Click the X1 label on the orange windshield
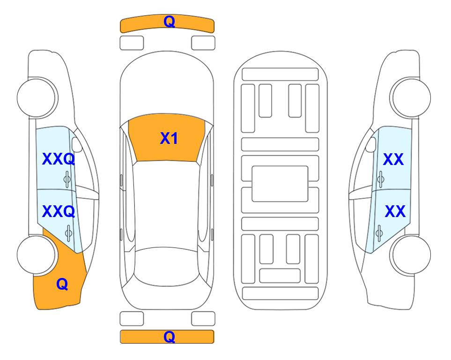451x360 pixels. [169, 138]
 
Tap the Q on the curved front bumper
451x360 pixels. [169, 22]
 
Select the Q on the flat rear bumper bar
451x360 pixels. [169, 337]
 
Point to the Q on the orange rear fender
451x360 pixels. [62, 284]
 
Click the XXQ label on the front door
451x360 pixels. [59, 159]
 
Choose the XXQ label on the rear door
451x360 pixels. [59, 211]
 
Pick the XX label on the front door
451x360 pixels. [393, 159]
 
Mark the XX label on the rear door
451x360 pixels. [395, 211]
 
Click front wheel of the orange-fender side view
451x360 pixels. [36, 98]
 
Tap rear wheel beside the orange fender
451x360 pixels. [36, 255]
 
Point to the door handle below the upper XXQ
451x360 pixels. [67, 179]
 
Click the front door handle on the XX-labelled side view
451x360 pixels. [380, 179]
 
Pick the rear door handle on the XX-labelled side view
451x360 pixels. [379, 232]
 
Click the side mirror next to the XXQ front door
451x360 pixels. [76, 144]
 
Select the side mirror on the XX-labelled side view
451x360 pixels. [371, 144]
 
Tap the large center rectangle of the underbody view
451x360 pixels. [280, 184]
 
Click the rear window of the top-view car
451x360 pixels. [166, 267]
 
